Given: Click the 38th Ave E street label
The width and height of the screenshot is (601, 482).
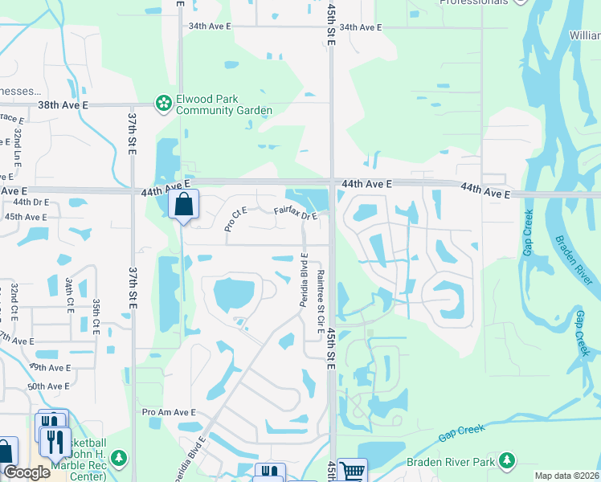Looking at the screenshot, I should coord(63,105).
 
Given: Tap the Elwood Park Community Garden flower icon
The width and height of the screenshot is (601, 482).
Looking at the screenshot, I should coord(164,103).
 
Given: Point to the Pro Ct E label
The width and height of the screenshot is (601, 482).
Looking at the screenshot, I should coord(235,219).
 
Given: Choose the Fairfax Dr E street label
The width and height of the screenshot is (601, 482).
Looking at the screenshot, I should coord(296,214).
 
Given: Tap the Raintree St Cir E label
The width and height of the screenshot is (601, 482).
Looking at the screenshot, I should coord(320,300).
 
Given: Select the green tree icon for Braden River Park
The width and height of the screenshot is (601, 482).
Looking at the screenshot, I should coord(506,460).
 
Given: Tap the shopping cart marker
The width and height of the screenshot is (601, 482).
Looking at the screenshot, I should coord(352,471).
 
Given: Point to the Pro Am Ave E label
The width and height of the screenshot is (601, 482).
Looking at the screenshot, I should coord(169,412).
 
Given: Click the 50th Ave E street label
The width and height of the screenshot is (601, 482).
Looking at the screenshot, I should coord(48,386).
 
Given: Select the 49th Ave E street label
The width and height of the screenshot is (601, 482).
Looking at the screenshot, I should coord(49,367).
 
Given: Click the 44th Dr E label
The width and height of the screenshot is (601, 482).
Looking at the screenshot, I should coord(31,202).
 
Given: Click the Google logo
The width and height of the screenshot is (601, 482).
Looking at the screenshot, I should coord(27,472).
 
